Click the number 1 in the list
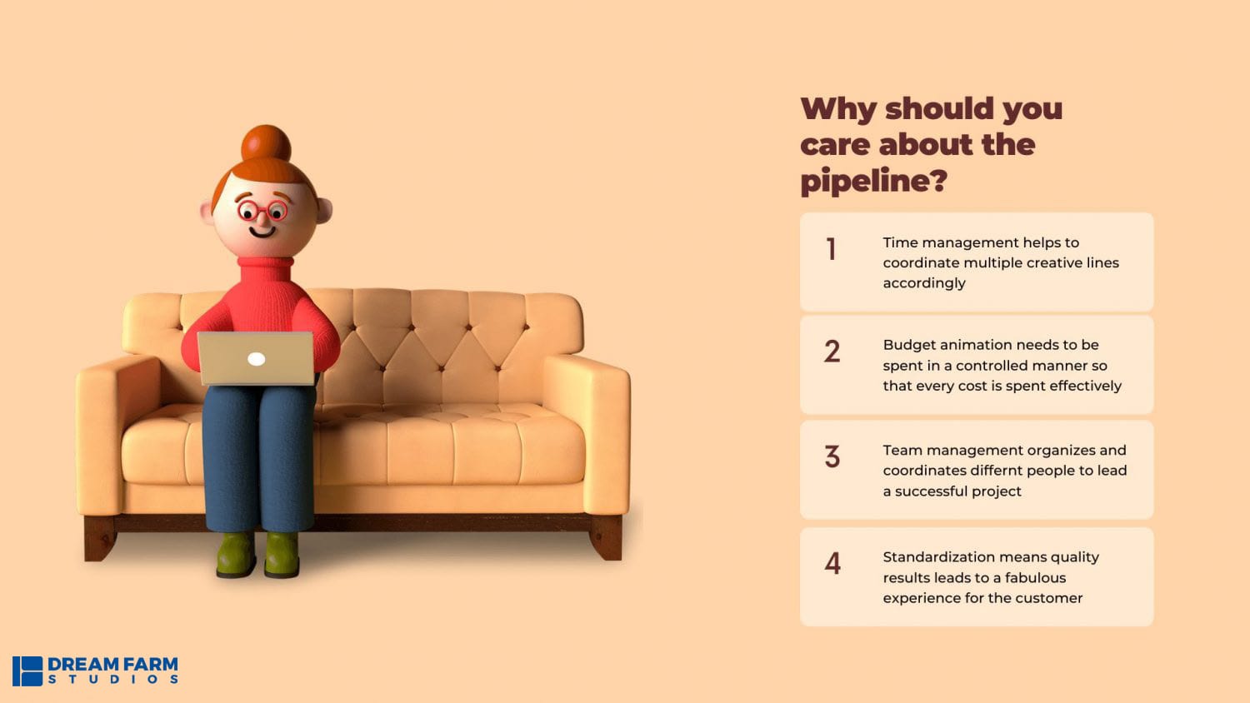[832, 249]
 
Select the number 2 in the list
[832, 351]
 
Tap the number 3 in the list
[832, 456]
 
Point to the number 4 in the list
[832, 563]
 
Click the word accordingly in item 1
[924, 283]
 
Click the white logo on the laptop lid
[256, 359]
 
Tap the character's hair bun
[266, 142]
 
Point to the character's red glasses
[262, 211]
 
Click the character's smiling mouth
[262, 232]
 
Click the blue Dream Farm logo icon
[27, 671]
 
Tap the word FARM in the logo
[151, 665]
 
